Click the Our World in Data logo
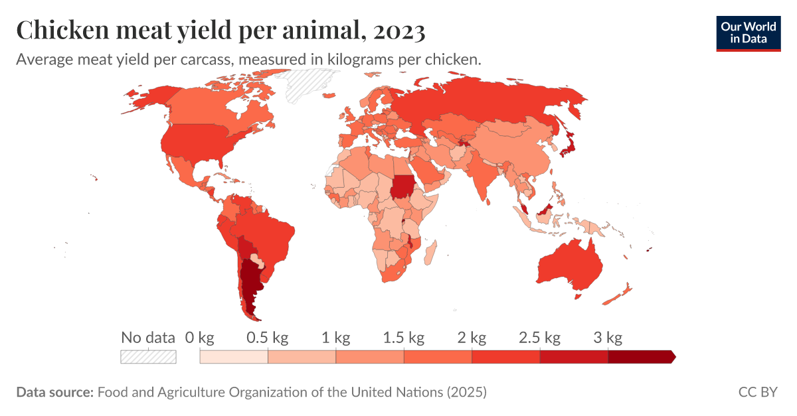click(749, 32)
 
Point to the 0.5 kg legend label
click(267, 338)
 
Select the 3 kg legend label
click(608, 338)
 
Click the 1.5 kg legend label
click(403, 338)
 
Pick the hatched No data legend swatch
click(148, 357)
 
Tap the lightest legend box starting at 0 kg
click(234, 357)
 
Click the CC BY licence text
click(758, 392)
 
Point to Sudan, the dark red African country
click(402, 186)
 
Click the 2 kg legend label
click(472, 338)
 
